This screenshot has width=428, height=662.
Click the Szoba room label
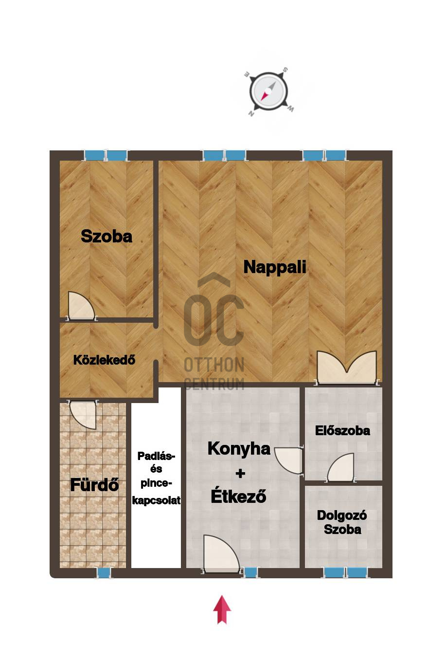pos(107,237)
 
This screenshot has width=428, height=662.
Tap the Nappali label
pos(274,267)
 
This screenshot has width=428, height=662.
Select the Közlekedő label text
pos(104,360)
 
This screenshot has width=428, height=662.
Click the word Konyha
pos(239,449)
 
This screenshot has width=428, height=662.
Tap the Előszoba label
pos(342,431)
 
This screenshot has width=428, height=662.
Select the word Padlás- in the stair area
pos(156,456)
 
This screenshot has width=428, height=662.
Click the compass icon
pos(268,92)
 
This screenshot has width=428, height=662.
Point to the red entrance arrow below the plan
pos(222,610)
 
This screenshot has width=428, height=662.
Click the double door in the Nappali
pos(346,368)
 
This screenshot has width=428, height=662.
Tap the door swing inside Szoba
pos(81,306)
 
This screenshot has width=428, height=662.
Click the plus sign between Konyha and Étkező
pos(240,474)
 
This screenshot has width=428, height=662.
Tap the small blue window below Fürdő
pos(104,573)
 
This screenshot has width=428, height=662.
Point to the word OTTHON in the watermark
pos(214,365)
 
